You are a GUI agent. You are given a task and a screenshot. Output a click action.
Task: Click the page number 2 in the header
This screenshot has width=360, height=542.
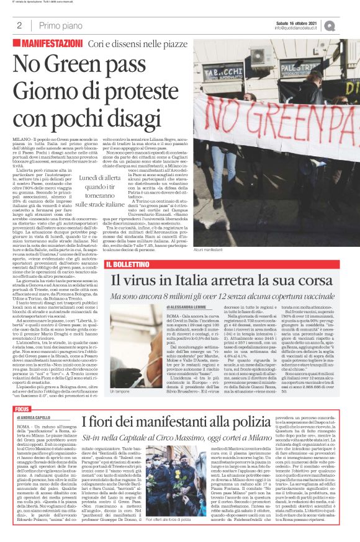coord(20,25)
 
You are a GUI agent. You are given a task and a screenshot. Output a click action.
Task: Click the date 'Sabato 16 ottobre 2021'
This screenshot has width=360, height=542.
coord(297,23)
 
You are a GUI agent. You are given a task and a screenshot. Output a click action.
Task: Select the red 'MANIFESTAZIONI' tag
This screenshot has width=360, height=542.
coord(51,45)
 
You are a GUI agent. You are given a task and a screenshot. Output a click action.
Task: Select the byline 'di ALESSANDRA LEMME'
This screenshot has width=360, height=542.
coord(186,307)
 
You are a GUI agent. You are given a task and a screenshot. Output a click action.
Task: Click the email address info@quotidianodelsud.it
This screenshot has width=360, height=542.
coord(297,29)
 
